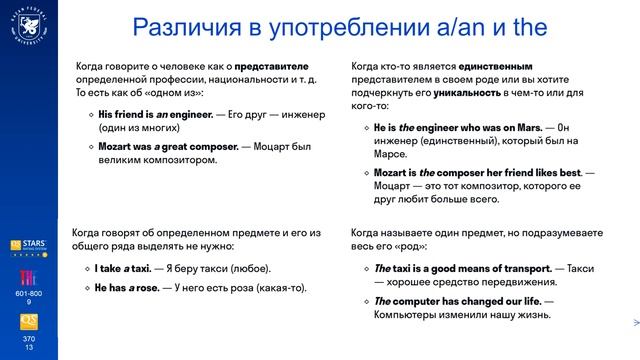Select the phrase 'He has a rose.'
click(127, 287)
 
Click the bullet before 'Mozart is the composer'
click(366, 173)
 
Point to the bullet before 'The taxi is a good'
click(366, 269)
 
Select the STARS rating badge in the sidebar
click(28, 246)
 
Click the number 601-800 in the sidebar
click(28, 293)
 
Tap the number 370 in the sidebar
click(28, 339)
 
